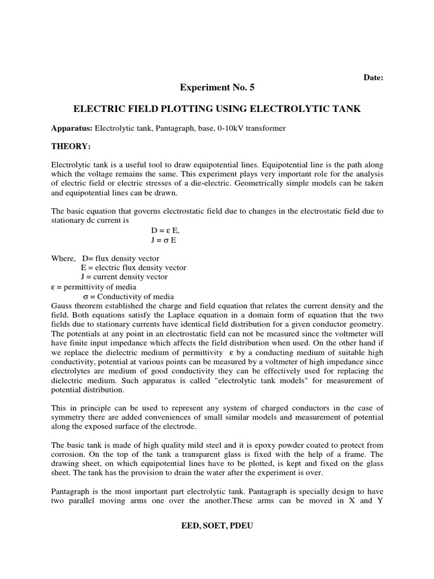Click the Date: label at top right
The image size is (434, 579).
[x=373, y=77]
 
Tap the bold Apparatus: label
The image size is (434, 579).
[x=72, y=128]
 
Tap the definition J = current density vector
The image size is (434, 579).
[x=124, y=276]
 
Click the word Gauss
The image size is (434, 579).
[x=62, y=305]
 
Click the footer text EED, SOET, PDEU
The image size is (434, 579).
[x=217, y=526]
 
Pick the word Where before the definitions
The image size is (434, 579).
[x=62, y=258]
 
